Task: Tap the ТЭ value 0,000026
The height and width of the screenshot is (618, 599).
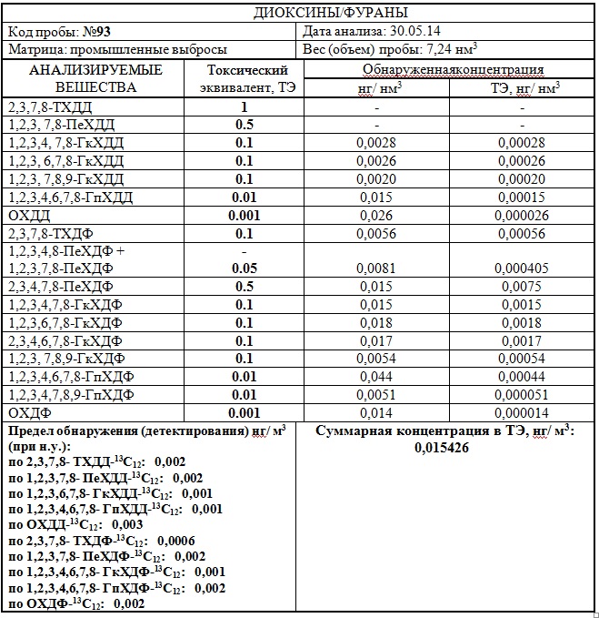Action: pyautogui.click(x=523, y=216)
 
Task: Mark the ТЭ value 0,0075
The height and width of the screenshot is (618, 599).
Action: pyautogui.click(x=523, y=287)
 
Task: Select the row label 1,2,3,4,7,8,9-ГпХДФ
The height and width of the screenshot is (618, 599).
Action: pyautogui.click(x=70, y=395)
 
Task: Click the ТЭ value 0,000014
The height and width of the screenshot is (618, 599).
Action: pyautogui.click(x=523, y=413)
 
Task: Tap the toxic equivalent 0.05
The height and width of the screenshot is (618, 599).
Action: pyautogui.click(x=244, y=268)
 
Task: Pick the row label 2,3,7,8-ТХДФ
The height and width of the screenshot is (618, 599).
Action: pyautogui.click(x=49, y=234)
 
